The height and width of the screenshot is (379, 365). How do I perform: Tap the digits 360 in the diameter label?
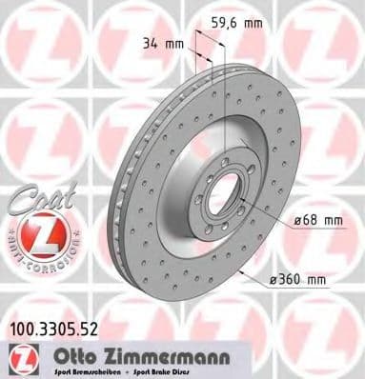pos(293,279)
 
